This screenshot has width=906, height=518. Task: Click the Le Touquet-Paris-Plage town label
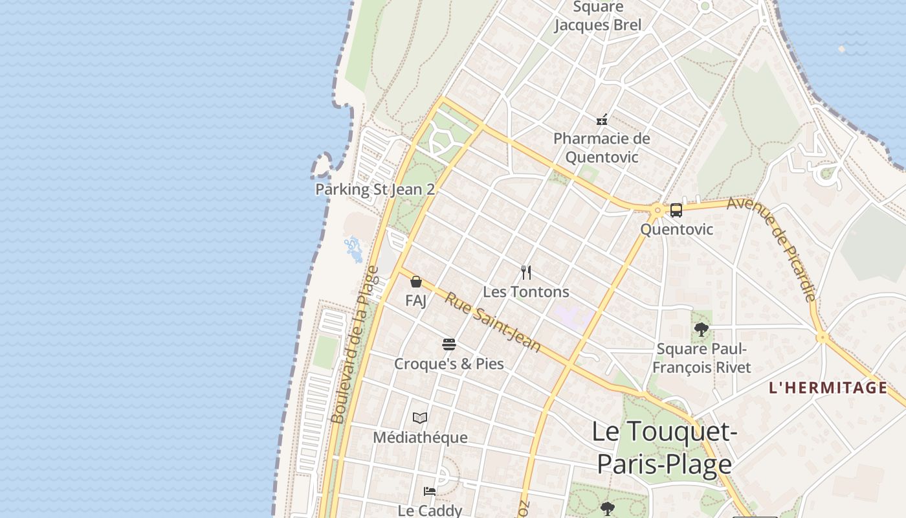[664, 447]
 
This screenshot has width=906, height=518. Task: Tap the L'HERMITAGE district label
[827, 388]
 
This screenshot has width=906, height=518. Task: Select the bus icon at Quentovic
[676, 210]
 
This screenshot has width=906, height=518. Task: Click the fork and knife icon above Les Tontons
[526, 273]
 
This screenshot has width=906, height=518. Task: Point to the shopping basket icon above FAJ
[416, 282]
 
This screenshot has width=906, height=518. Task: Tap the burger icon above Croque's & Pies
[449, 344]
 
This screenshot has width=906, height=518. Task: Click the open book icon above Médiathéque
[420, 418]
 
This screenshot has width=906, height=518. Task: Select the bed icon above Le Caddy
[429, 491]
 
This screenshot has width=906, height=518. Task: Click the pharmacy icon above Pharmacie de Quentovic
[602, 120]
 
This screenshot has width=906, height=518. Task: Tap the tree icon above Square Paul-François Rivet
[701, 329]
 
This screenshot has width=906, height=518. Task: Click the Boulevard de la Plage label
[354, 344]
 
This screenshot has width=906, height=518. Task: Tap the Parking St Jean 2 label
[375, 190]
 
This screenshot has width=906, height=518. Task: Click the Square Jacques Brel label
[598, 16]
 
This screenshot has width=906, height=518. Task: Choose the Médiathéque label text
[420, 438]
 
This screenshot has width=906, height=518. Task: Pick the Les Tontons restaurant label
[526, 292]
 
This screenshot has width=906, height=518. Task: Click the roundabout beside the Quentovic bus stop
[657, 210]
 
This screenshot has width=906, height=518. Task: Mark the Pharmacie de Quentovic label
[602, 148]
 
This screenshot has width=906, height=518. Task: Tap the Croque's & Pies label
[449, 364]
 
